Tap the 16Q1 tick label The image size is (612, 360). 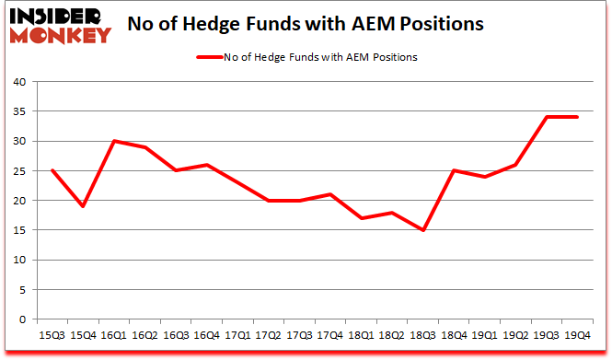tap(113, 335)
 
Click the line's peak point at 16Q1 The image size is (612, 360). tap(113, 141)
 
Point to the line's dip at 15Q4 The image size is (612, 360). tap(82, 206)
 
